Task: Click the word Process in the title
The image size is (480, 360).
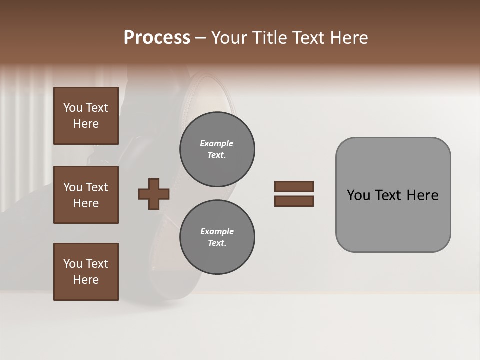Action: tap(157, 38)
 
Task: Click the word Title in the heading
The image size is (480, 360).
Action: tap(270, 38)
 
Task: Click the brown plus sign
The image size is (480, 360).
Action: tap(154, 194)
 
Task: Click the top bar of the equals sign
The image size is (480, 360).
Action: tap(294, 186)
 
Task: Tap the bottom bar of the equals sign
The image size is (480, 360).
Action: tap(294, 201)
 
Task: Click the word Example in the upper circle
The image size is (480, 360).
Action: tap(217, 143)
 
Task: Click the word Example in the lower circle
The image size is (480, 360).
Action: tap(217, 231)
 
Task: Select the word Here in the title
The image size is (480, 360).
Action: tap(349, 38)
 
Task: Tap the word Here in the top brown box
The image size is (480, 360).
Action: tap(86, 124)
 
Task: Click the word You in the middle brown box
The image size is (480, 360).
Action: tap(73, 187)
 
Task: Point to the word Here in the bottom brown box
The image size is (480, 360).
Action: tap(86, 280)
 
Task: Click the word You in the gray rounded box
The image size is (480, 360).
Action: tap(358, 195)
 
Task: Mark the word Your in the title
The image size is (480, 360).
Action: tap(230, 38)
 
